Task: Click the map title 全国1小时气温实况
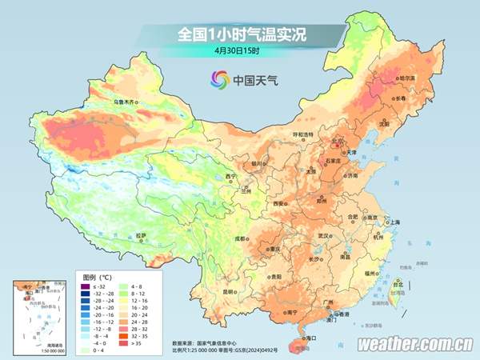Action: click(241, 35)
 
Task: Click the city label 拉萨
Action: click(141, 235)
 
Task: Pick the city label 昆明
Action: click(230, 291)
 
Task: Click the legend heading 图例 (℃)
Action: click(98, 275)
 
